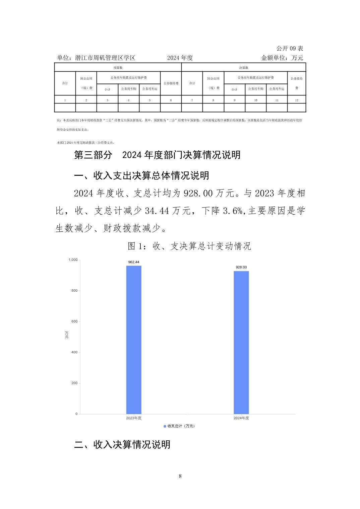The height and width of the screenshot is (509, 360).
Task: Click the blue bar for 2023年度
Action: point(133,340)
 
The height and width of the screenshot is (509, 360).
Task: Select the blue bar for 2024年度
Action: point(241,342)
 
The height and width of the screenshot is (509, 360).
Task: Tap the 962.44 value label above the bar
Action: point(133,262)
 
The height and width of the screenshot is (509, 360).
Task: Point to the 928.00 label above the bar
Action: point(241,267)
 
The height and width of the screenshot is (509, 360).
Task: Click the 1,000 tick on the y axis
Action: point(73,260)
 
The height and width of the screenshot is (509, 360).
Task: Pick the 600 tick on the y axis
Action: point(74,321)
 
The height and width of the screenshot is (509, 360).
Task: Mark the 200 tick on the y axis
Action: point(74,383)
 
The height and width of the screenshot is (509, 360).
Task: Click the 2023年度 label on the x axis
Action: point(133,418)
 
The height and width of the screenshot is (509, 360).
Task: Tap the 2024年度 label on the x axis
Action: point(241,418)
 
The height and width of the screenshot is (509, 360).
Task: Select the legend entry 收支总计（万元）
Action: point(179,426)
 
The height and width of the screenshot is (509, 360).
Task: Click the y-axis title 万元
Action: point(67,335)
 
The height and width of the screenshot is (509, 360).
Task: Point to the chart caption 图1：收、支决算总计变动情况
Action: point(189,246)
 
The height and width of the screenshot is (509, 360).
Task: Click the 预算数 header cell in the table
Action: point(118,68)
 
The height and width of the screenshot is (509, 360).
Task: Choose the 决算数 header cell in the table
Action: point(243,68)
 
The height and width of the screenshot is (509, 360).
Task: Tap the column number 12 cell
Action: point(297,100)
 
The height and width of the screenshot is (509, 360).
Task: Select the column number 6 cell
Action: point(171,100)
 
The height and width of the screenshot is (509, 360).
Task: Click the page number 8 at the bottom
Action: point(180,476)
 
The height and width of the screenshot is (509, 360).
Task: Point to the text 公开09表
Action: point(290,49)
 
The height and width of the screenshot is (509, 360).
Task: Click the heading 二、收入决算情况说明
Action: point(122,444)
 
